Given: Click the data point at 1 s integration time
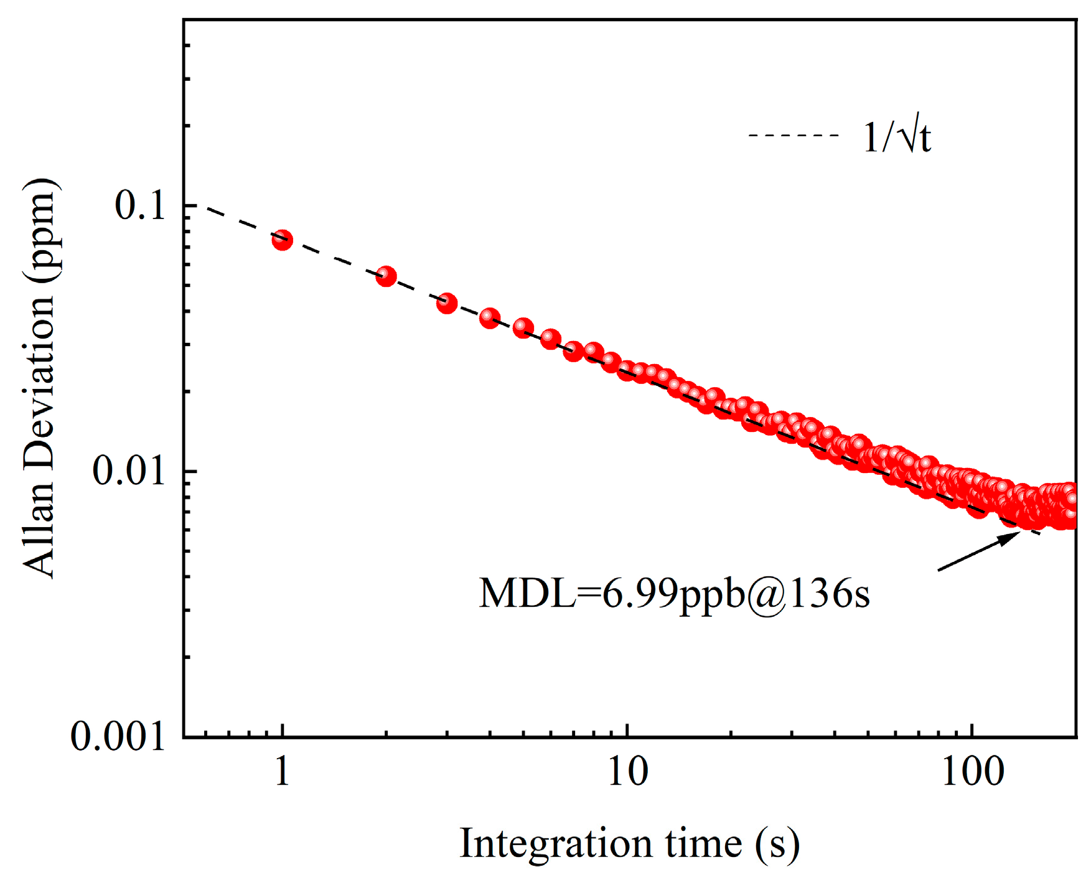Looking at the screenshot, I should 283,240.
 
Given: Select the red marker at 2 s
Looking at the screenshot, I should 386,276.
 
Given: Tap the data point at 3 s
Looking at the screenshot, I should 447,304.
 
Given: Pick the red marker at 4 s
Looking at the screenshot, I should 490,319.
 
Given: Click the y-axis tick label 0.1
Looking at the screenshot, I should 141,206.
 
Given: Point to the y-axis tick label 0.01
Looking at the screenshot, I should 129,471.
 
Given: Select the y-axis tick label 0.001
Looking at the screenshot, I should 118,737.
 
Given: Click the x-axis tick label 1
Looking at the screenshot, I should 283,772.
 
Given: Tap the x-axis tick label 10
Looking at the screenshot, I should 627,772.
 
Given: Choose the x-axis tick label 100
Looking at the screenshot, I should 973,772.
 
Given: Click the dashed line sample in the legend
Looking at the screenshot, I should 794,136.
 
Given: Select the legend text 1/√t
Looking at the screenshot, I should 896,137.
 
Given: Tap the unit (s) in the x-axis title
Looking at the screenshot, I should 777,845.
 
